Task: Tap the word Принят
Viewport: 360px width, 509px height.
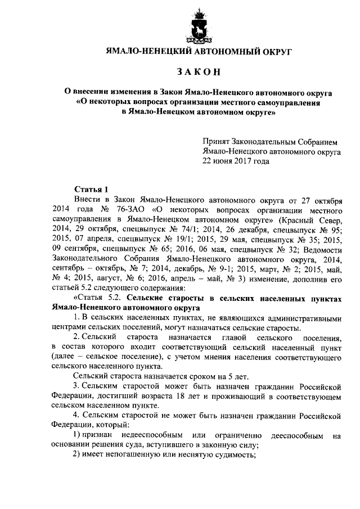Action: (217, 142)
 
